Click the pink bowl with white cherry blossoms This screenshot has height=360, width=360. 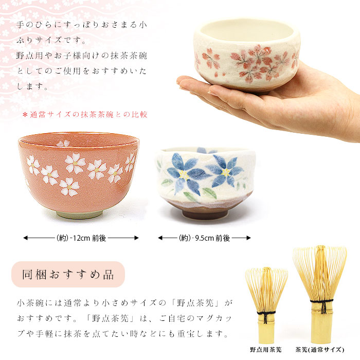(x=78, y=175)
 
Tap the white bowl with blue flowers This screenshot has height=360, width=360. (x=204, y=180)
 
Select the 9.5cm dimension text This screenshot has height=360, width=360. (x=204, y=238)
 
